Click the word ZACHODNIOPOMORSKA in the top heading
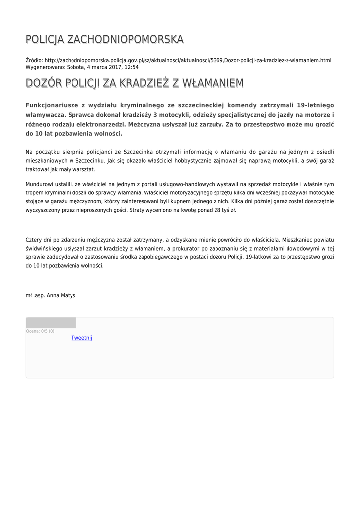click(125, 39)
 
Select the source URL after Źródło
click(188, 60)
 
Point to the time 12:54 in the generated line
click(131, 67)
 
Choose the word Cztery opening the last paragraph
click(34, 240)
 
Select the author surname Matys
click(68, 295)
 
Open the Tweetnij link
click(81, 338)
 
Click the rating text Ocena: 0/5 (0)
click(40, 331)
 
